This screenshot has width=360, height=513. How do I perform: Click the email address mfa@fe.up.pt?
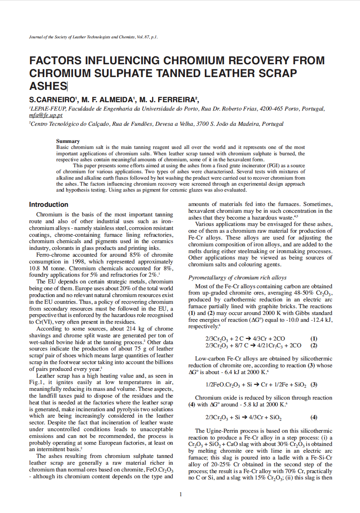pos(45,115)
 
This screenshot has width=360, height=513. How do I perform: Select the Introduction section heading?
pos(48,204)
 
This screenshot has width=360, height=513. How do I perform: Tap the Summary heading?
pos(67,141)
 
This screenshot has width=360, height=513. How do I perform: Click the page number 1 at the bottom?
pos(180,495)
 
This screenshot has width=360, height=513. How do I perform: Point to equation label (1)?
pos(314,339)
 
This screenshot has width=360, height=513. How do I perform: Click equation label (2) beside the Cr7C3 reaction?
pos(314,345)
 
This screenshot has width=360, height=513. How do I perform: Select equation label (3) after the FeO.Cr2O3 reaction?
pos(314,385)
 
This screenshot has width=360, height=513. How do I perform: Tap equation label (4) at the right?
pos(314,418)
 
